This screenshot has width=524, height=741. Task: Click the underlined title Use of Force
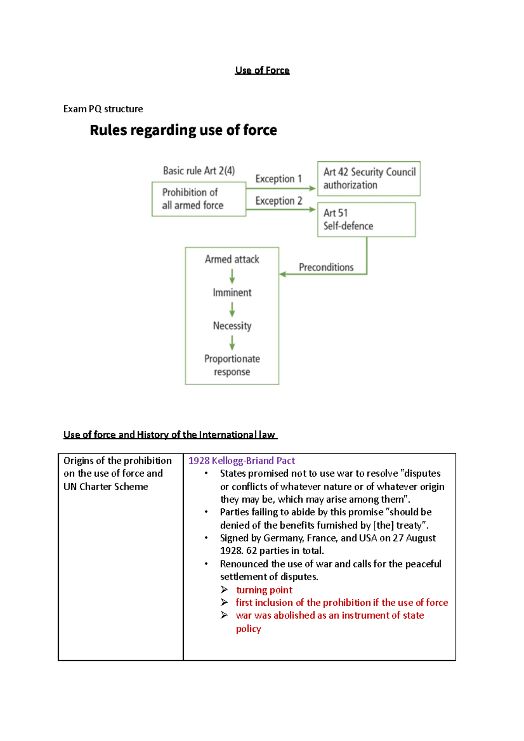pyautogui.click(x=262, y=70)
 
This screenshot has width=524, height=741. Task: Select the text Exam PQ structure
pyautogui.click(x=103, y=109)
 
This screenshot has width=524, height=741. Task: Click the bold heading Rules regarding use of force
pyautogui.click(x=183, y=130)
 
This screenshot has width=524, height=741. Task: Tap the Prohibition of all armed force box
pyautogui.click(x=199, y=199)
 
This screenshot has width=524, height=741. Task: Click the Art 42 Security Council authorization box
pyautogui.click(x=369, y=178)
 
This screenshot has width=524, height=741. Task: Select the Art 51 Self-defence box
pyautogui.click(x=366, y=220)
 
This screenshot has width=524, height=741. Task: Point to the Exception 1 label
pyautogui.click(x=278, y=179)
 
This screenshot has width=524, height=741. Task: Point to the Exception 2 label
pyautogui.click(x=279, y=201)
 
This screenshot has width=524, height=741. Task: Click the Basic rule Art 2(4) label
pyautogui.click(x=199, y=171)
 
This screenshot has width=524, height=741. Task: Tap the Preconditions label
pyautogui.click(x=326, y=267)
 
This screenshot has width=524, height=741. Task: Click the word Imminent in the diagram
pyautogui.click(x=232, y=292)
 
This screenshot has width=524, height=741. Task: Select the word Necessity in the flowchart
pyautogui.click(x=232, y=326)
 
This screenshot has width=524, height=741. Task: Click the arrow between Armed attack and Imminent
pyautogui.click(x=232, y=276)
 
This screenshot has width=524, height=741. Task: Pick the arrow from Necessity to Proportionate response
pyautogui.click(x=232, y=343)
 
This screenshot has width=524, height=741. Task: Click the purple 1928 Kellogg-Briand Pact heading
pyautogui.click(x=241, y=461)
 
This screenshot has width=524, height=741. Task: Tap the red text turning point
pyautogui.click(x=264, y=590)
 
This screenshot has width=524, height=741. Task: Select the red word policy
pyautogui.click(x=248, y=629)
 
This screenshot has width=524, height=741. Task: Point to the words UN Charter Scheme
pyautogui.click(x=106, y=487)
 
